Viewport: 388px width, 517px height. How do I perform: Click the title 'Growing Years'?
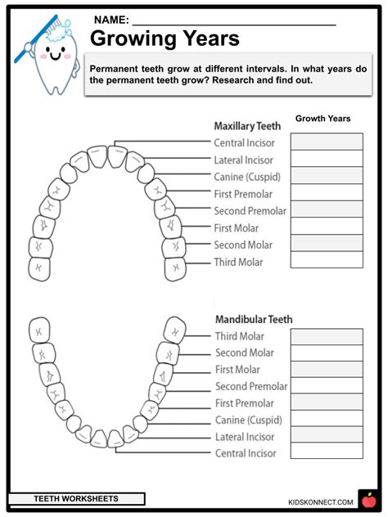[164, 38]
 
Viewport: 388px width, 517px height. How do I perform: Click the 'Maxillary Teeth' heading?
[247, 126]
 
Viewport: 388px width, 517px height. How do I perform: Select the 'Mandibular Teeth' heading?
[254, 319]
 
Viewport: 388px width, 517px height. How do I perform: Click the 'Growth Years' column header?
[323, 119]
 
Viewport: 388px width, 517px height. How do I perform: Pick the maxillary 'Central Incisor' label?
[244, 143]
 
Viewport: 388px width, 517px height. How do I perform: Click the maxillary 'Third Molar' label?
[238, 262]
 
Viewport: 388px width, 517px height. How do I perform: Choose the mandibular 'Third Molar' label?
[239, 336]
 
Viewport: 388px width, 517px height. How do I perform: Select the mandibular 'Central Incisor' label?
[246, 453]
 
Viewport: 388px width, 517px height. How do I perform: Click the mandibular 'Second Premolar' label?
[251, 386]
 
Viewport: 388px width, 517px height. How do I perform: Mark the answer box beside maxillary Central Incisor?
[327, 142]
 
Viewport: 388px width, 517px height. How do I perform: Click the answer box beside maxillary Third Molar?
[327, 260]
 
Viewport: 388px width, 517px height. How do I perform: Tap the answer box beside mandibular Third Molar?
[327, 336]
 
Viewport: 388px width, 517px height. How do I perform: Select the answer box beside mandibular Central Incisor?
[327, 452]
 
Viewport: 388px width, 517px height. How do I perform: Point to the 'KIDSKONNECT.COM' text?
[320, 501]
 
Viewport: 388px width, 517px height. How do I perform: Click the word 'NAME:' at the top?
[111, 19]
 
